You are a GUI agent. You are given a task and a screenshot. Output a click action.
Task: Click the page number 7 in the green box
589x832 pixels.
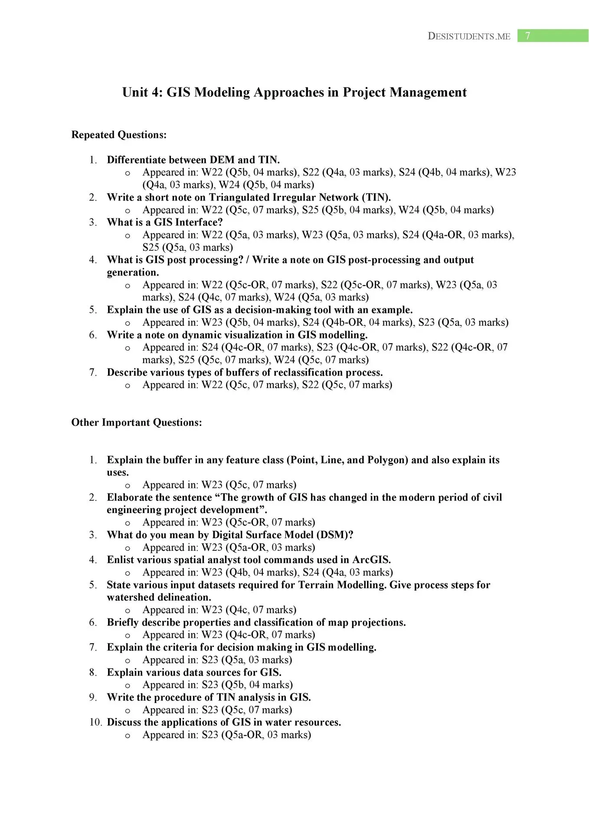coord(527,36)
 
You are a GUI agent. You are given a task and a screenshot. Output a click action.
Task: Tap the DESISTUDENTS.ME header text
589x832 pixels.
coord(469,36)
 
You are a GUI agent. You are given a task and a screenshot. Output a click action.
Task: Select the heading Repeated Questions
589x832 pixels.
coord(119,135)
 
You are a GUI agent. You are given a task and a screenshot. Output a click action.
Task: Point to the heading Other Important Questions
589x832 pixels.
coord(137,422)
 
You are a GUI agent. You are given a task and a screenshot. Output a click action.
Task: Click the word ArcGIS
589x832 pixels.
coord(371,560)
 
